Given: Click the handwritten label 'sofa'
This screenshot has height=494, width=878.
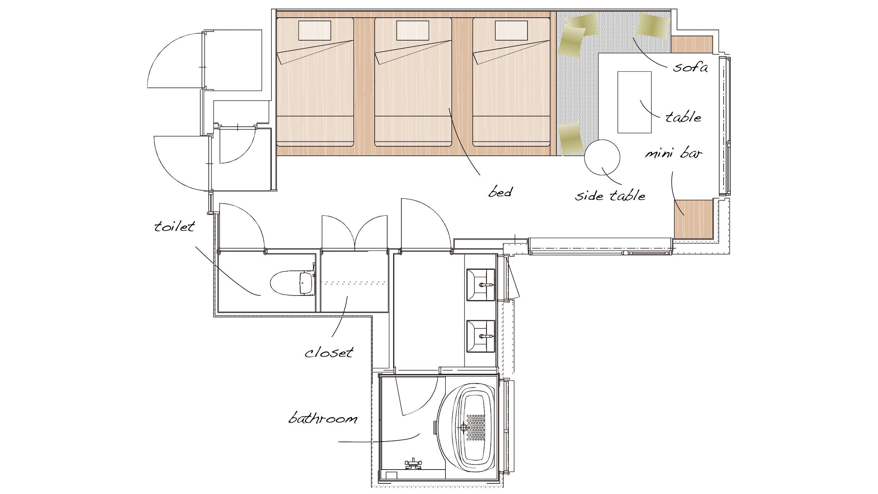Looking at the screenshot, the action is [690, 67].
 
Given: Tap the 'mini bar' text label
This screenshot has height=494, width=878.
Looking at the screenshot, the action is [673, 153].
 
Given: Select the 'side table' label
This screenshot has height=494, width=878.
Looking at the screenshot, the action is [610, 195].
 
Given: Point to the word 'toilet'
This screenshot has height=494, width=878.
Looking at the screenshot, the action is [175, 226].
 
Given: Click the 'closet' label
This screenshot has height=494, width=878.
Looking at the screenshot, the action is [329, 352].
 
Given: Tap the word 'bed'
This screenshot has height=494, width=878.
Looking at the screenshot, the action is [500, 192].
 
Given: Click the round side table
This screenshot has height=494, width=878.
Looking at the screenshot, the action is [602, 158].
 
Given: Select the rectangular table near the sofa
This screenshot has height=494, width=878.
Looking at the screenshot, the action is [634, 102].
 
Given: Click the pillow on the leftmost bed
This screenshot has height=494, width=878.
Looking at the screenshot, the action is [315, 31].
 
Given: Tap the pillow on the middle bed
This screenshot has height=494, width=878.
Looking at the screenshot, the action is [412, 31].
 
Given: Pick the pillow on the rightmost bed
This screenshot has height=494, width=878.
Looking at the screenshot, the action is [511, 31].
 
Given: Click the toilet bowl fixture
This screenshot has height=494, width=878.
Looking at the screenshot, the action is [292, 283].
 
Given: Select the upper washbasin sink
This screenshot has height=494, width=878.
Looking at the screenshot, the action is [480, 285].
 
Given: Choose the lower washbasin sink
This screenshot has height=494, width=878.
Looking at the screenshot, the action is [480, 336].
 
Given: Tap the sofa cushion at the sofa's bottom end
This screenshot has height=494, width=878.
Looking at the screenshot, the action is [571, 138].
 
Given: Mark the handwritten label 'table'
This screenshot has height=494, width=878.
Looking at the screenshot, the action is [683, 117].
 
